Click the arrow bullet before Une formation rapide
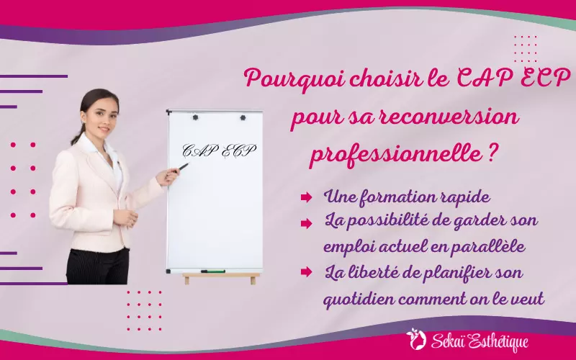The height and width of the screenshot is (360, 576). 306,197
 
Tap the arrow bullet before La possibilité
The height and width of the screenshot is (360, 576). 306,222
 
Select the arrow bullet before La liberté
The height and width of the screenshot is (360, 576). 306,271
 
